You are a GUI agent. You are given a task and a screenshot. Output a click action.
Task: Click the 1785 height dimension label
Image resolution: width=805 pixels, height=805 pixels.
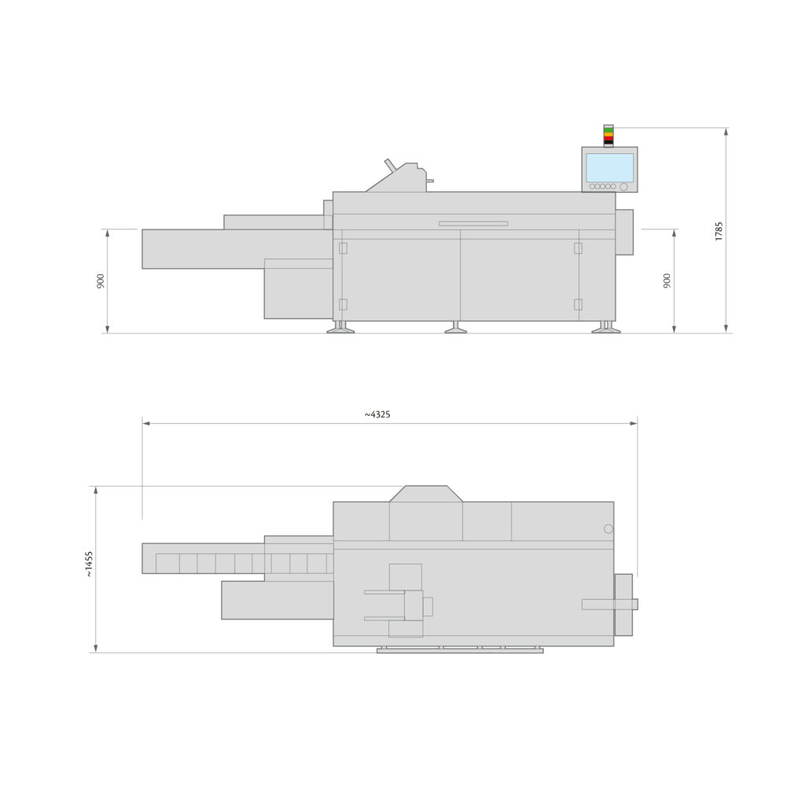pos(719,230)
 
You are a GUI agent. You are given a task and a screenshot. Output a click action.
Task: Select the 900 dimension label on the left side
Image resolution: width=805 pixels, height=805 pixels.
pos(101,281)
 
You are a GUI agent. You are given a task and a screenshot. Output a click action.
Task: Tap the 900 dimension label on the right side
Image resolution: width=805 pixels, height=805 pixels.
pos(667,281)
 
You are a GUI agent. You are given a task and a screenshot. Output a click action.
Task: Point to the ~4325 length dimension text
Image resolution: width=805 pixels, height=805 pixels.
pos(377,414)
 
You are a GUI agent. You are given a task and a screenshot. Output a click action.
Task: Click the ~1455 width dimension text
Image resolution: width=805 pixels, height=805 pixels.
pos(89,564)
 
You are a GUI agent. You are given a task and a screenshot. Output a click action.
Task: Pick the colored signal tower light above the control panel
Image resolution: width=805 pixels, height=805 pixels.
pos(608,135)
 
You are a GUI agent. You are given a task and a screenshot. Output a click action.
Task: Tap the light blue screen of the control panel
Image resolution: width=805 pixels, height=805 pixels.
pos(609,167)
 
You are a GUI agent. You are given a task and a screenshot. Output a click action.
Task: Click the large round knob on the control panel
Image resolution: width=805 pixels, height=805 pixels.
pos(624,187)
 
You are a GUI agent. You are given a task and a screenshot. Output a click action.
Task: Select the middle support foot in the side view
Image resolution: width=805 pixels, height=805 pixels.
pos(455,328)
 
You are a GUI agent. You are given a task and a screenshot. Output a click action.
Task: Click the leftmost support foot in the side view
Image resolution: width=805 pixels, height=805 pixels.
pos(340,328)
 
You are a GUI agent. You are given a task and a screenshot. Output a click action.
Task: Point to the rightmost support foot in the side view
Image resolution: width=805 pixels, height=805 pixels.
pos(606,328)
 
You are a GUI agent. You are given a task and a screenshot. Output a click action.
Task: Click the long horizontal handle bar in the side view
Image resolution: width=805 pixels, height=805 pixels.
pos(473,223)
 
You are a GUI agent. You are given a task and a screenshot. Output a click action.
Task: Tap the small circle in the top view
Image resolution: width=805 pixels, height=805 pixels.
pos(608,529)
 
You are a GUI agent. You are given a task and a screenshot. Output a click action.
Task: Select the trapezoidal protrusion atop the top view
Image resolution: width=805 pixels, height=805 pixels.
pos(426,494)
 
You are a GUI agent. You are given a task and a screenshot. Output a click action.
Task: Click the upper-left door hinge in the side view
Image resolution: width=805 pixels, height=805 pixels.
pos(343,248)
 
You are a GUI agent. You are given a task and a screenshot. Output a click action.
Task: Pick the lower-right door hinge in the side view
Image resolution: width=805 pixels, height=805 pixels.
pos(578,304)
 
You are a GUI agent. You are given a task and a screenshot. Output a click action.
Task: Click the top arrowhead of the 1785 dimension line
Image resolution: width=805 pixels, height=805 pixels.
pos(726,131)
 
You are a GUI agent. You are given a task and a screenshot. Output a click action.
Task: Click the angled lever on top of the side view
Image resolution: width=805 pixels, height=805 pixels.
pos(390,164)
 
